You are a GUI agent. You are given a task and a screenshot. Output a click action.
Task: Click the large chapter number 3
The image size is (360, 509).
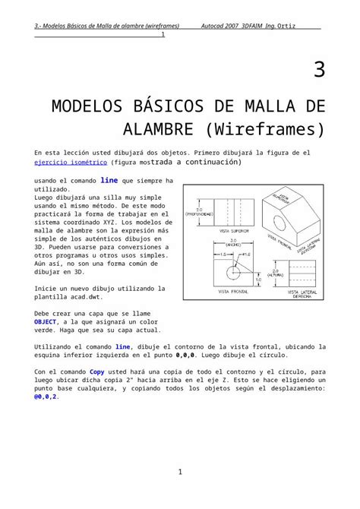(x=319, y=71)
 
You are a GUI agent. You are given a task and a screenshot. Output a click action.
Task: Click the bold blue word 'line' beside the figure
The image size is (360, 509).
(x=109, y=181)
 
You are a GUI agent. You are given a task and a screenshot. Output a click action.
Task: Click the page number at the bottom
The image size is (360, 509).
(x=180, y=473)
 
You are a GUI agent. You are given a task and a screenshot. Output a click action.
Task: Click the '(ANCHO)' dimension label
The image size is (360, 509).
(x=233, y=245)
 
